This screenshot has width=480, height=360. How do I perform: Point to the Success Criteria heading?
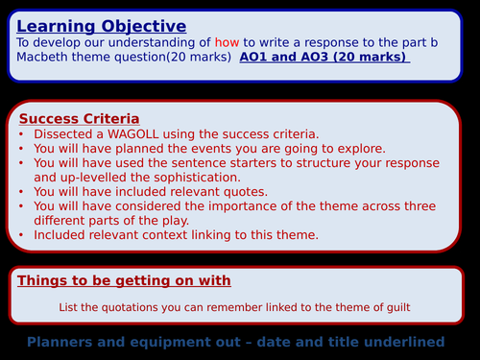[x=76, y=119]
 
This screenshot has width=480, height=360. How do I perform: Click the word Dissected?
[x=64, y=133]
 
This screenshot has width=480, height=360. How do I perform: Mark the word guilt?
[x=394, y=307]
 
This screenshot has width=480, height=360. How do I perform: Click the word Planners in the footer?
[x=62, y=342]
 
